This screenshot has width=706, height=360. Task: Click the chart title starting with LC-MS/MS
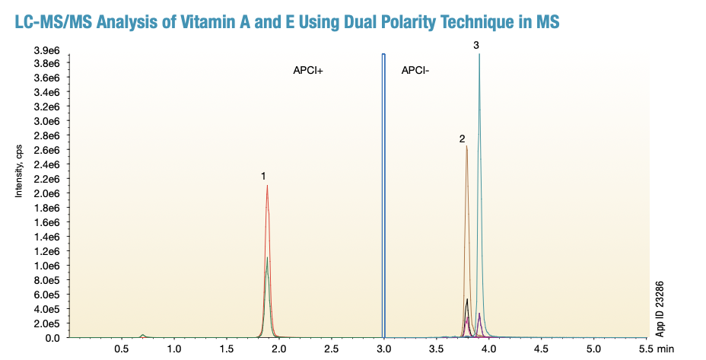point(287,21)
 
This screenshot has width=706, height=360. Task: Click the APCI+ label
point(308,71)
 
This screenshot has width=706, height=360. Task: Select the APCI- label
point(415,71)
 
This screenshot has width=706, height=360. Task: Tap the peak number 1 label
point(263,176)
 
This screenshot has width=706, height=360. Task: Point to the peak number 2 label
point(462,139)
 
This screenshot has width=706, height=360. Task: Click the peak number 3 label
point(476,46)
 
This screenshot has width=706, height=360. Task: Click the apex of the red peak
point(267,186)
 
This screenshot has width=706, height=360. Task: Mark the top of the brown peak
point(466,146)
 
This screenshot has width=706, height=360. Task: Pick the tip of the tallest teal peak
point(479,54)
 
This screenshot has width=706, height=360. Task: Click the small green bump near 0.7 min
point(143,335)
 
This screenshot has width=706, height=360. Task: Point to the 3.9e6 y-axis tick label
point(45,49)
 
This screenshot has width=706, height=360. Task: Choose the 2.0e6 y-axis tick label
point(45,193)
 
